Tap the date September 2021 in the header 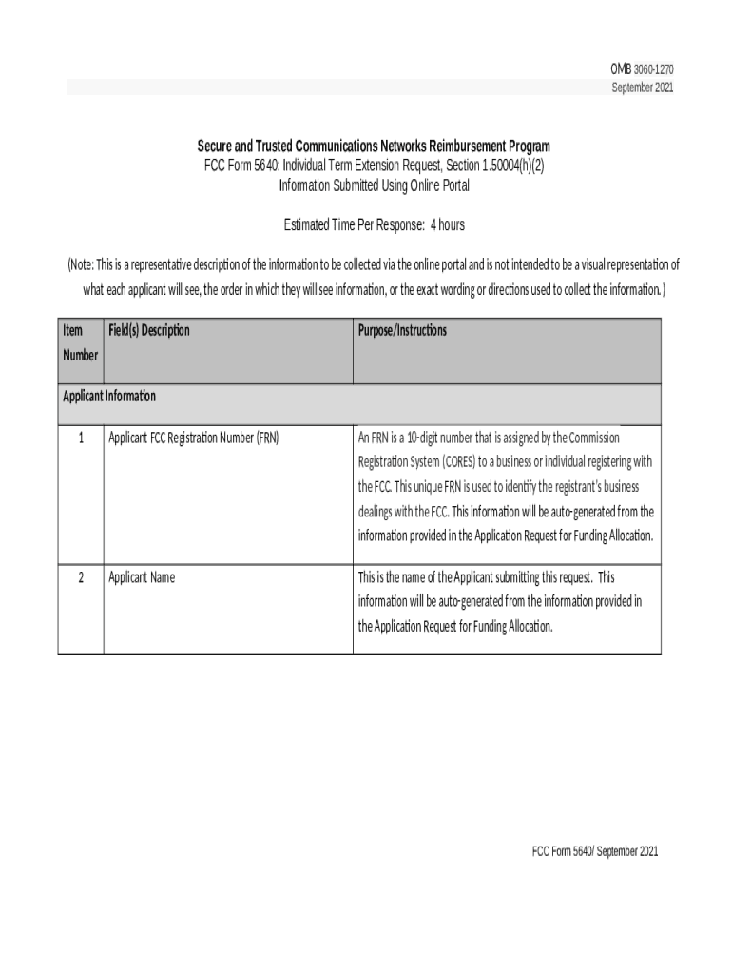[x=643, y=88]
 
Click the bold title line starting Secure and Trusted [x=374, y=146]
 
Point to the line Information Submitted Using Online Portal [x=374, y=185]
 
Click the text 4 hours [x=447, y=225]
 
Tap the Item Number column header [x=80, y=342]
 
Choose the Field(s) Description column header [x=148, y=331]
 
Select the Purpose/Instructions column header [x=402, y=331]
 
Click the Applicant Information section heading [x=109, y=396]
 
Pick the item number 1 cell [x=81, y=438]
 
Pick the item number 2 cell [x=81, y=577]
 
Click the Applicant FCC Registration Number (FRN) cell [x=193, y=438]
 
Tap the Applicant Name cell [x=142, y=577]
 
